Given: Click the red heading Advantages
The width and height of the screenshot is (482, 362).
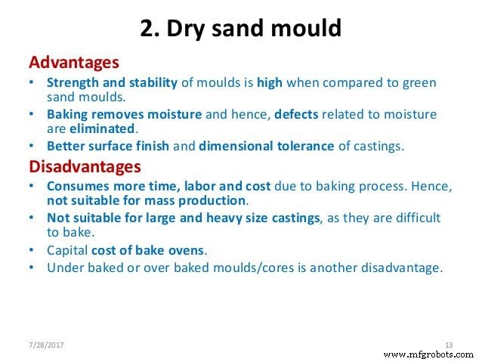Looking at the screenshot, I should pyautogui.click(x=73, y=60).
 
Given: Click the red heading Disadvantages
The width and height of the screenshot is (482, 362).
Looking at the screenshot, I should pyautogui.click(x=85, y=165).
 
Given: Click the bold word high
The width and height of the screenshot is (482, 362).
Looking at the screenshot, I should pyautogui.click(x=269, y=82).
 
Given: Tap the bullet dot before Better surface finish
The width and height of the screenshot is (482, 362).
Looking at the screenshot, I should pyautogui.click(x=30, y=147).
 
